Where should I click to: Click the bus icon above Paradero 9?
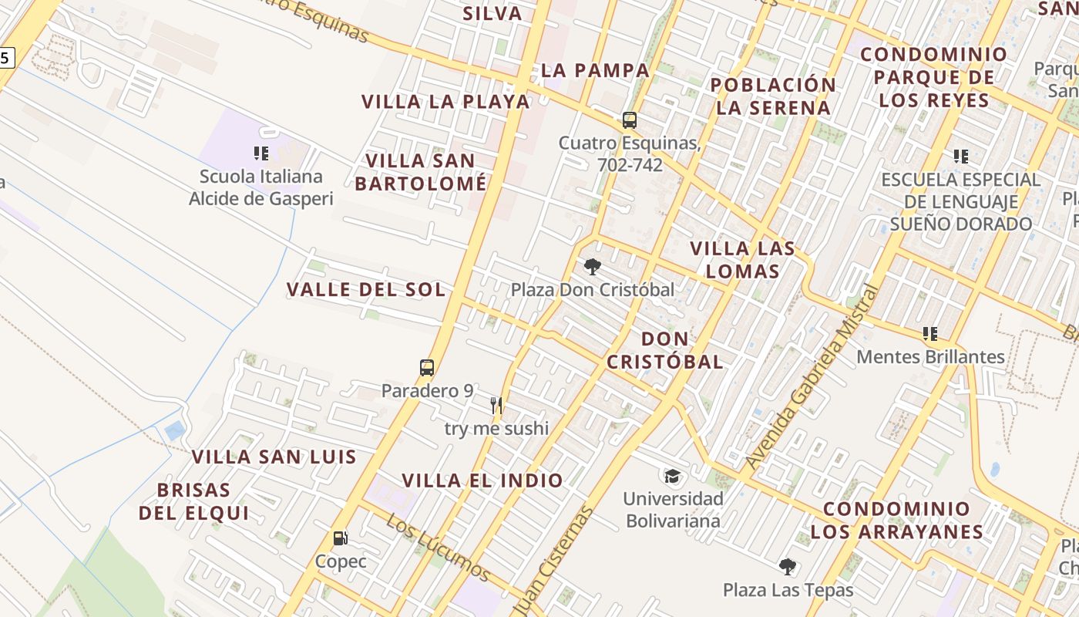click(427, 368)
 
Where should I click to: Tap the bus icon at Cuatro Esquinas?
click(630, 120)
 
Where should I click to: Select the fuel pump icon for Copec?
click(340, 538)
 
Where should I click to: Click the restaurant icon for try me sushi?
click(496, 405)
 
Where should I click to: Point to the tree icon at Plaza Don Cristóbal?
click(592, 267)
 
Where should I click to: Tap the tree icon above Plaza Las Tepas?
click(787, 567)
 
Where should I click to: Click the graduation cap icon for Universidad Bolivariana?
click(673, 475)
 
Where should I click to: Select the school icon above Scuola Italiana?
click(261, 153)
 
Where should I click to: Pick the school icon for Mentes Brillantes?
click(930, 334)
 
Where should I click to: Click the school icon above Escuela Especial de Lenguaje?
click(960, 157)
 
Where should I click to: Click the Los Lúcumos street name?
click(438, 548)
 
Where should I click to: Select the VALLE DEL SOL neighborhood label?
click(366, 290)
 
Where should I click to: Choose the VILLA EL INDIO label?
click(482, 480)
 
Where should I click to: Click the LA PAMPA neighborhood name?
click(595, 70)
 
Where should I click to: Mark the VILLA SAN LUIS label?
click(274, 457)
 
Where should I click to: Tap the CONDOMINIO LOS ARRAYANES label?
click(897, 520)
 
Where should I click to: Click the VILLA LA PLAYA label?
click(445, 102)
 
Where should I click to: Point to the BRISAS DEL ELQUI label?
click(193, 501)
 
